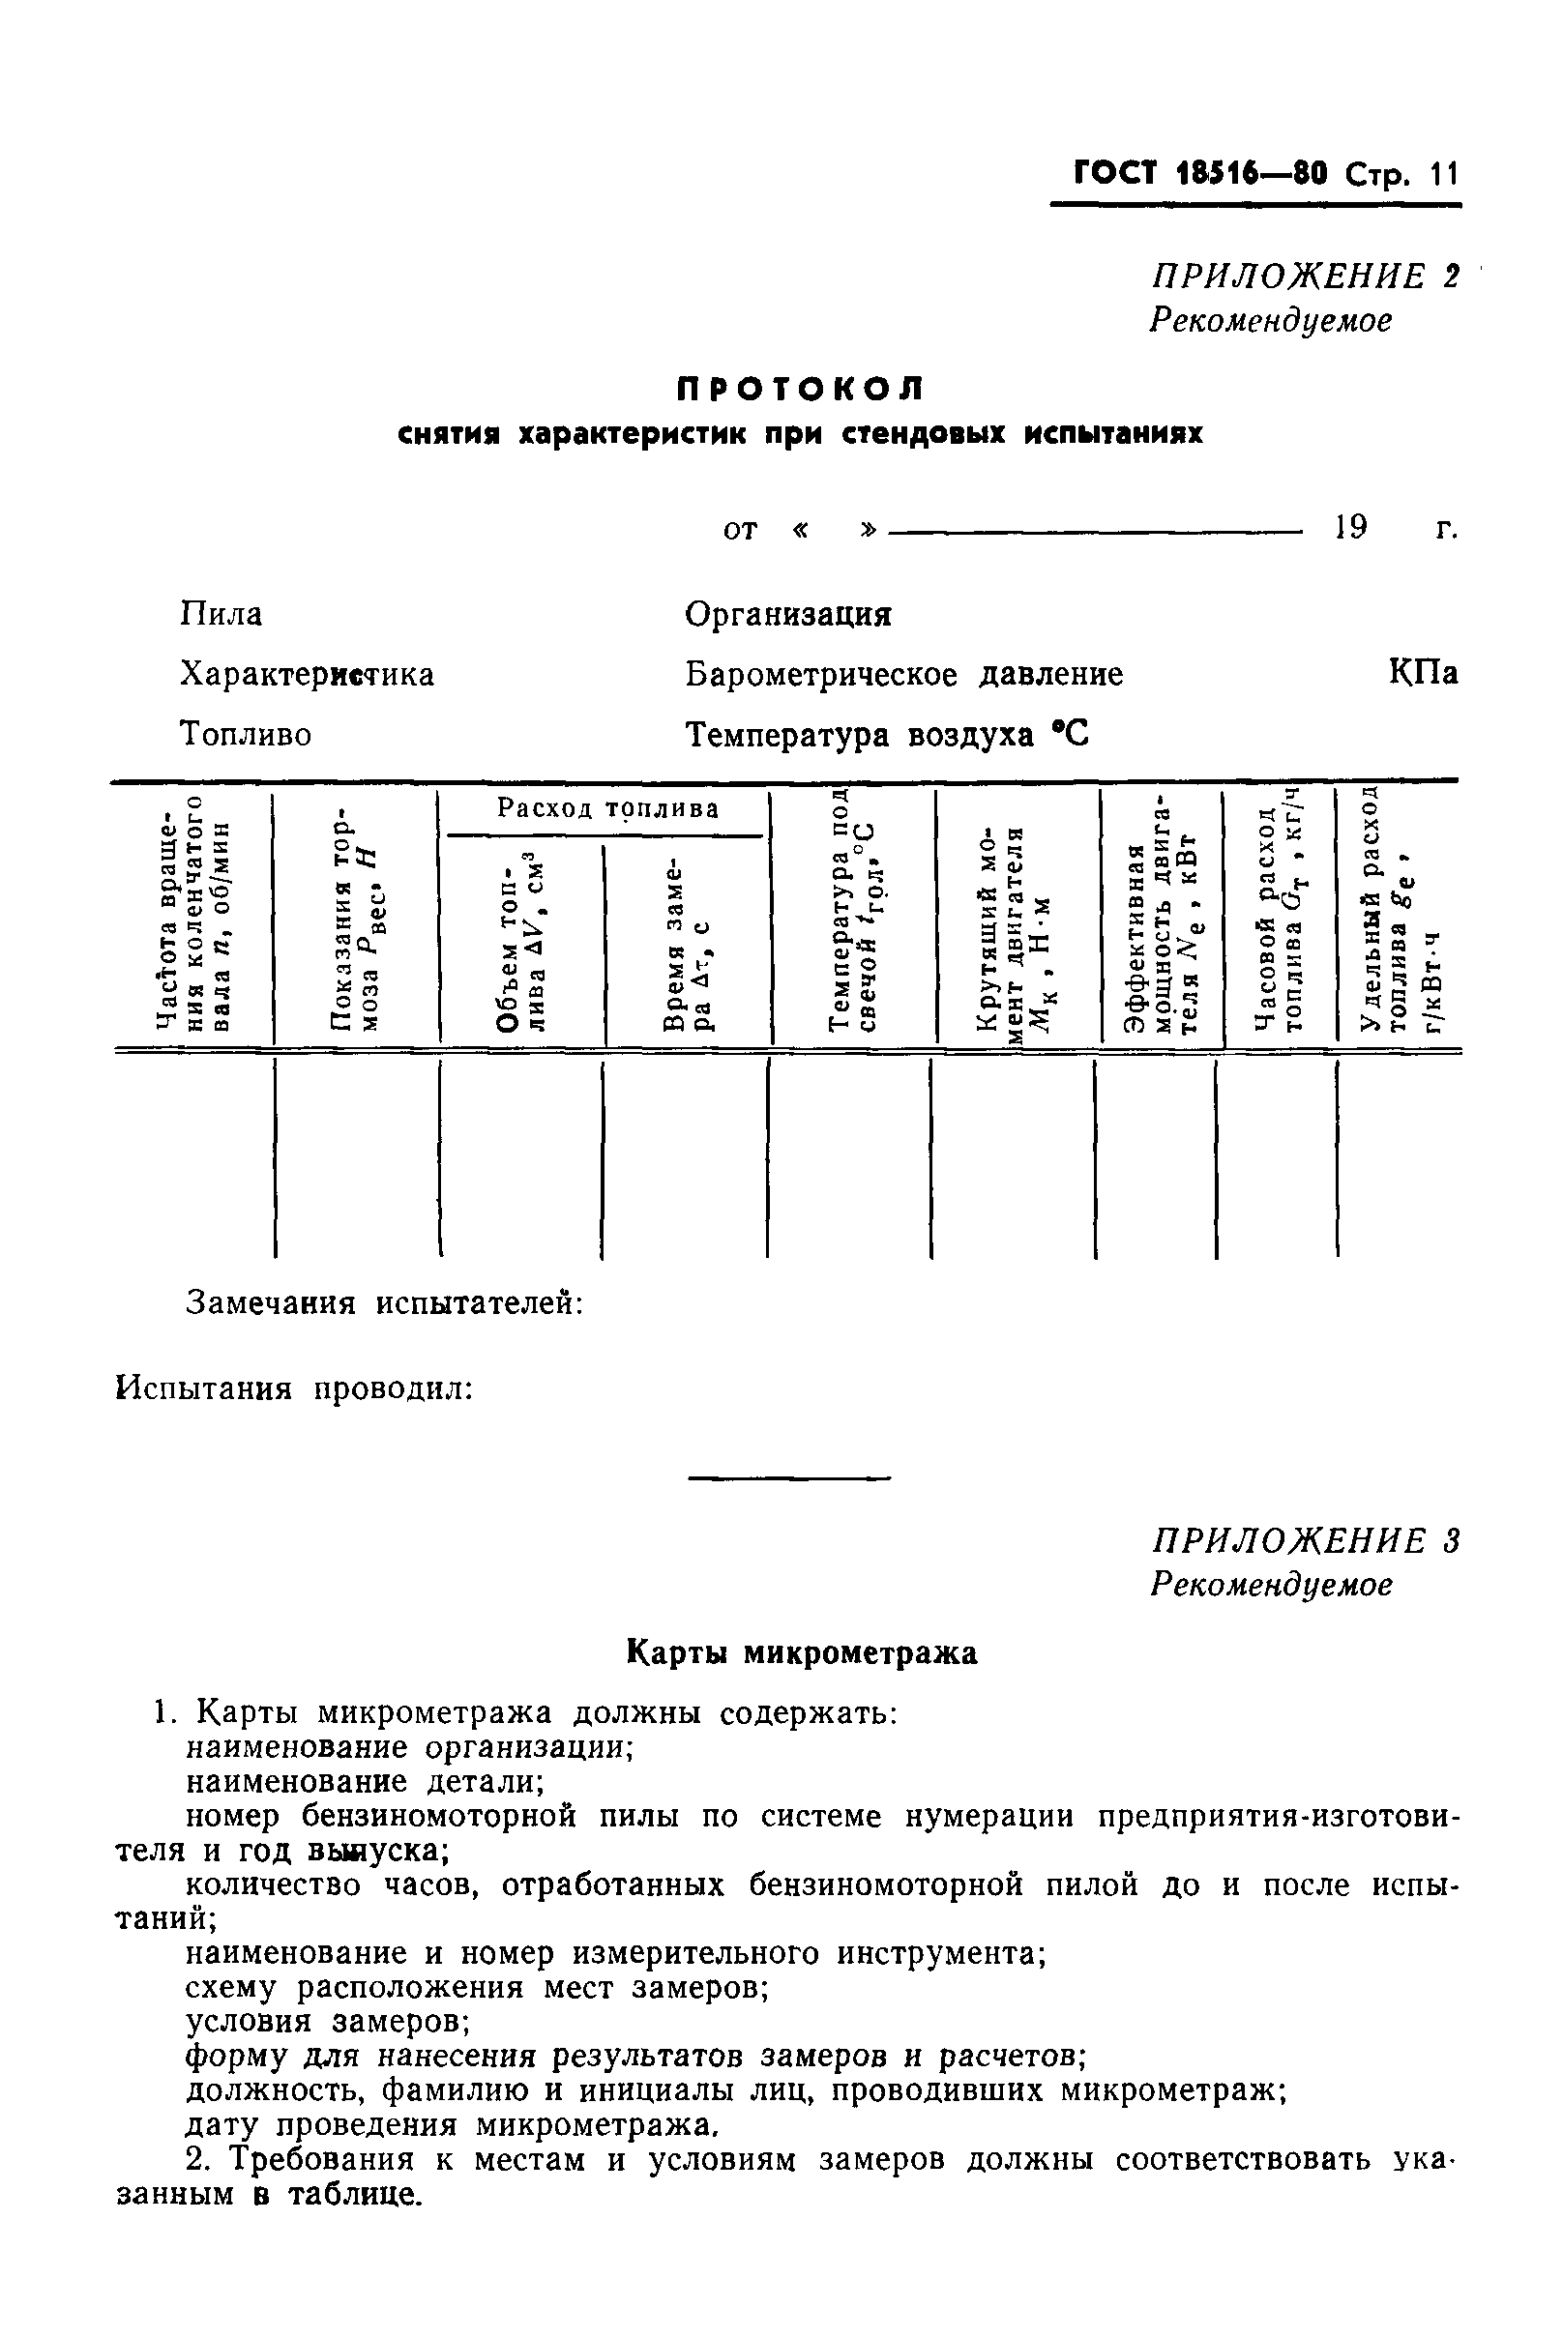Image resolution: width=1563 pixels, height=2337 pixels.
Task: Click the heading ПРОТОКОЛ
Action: point(801,389)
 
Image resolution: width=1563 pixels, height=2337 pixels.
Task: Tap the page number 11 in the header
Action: point(1443,175)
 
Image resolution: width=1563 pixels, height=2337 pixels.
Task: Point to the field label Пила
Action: point(221,614)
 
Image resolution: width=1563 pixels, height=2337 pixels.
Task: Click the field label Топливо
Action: point(246,735)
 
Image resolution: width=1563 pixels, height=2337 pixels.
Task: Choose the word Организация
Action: point(788,615)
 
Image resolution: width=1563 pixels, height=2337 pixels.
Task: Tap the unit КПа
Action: point(1423,674)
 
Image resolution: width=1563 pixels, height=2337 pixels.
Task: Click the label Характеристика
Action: point(307,675)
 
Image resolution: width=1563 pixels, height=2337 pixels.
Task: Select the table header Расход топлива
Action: point(608,808)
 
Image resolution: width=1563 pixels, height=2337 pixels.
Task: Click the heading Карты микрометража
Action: point(802,1653)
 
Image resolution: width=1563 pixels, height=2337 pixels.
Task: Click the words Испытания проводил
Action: point(294,1388)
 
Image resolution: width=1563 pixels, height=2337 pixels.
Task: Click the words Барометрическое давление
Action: point(903,675)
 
